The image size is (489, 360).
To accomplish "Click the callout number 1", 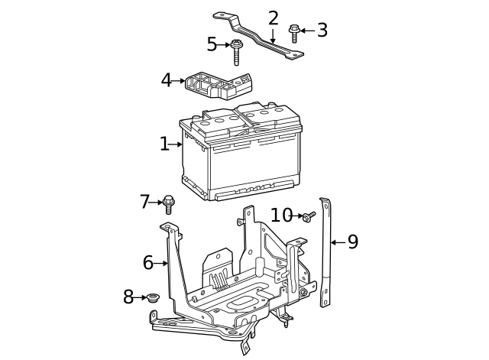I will click(164, 144).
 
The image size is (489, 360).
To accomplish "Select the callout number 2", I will click(273, 18).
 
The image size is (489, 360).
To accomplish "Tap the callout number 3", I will click(322, 31).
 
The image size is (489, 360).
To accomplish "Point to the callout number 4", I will click(167, 80).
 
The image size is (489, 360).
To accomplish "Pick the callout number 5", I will click(212, 45).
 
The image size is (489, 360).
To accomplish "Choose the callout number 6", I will click(148, 263).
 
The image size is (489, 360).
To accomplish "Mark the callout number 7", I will click(145, 202).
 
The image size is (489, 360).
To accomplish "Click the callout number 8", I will click(128, 297).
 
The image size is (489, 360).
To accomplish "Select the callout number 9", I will click(352, 242).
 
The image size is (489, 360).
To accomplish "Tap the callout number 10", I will click(282, 216).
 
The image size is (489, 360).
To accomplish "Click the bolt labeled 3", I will click(294, 33).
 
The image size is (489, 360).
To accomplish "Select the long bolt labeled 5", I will click(237, 51).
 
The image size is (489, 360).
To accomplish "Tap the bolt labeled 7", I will click(169, 204).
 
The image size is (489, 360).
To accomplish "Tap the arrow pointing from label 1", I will click(176, 144).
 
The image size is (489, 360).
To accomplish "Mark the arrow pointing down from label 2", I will click(273, 36).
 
